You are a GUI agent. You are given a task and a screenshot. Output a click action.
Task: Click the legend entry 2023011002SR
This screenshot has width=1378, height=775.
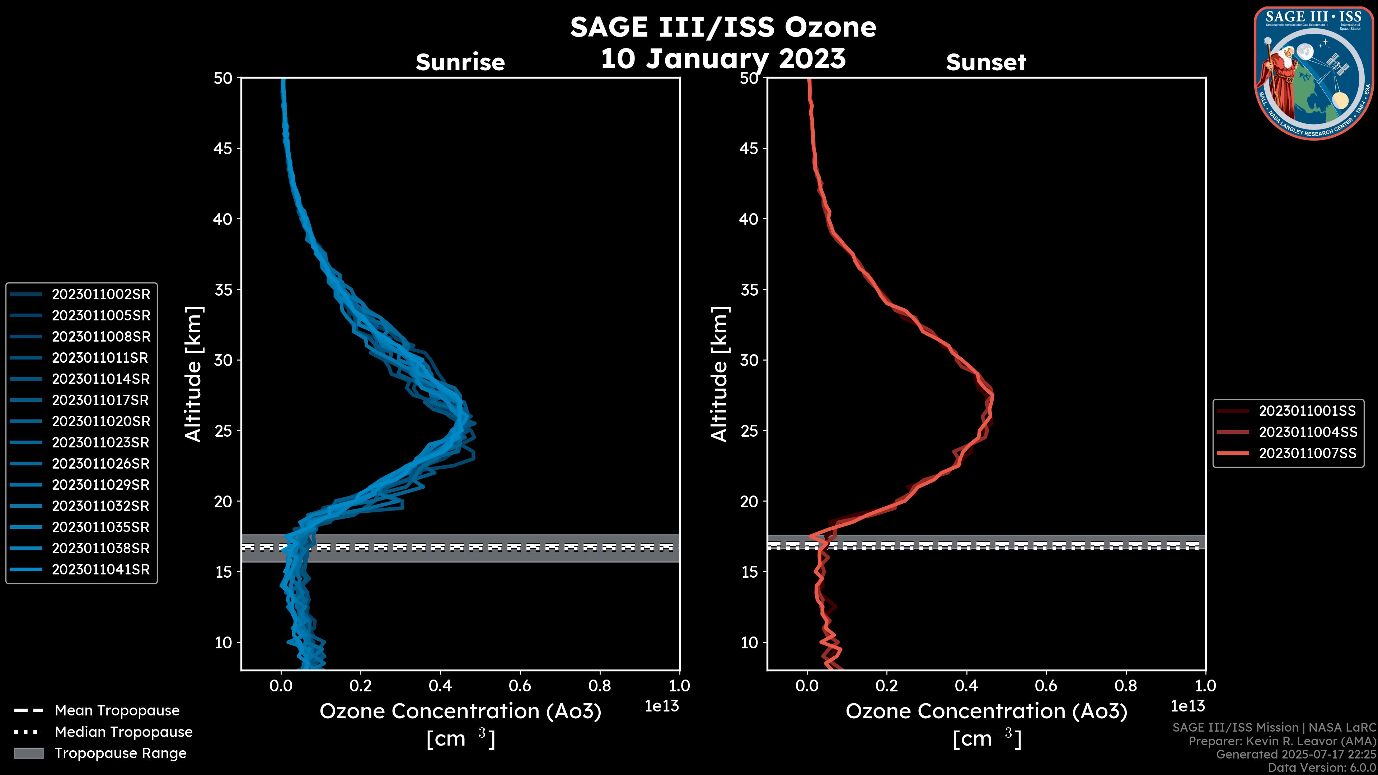[100, 294]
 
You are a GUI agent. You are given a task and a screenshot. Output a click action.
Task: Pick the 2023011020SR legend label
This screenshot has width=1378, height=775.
[100, 422]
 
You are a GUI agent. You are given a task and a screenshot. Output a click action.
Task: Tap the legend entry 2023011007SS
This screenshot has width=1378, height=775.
[1307, 454]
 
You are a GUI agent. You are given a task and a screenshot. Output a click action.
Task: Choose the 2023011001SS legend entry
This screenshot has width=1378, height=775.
[1307, 411]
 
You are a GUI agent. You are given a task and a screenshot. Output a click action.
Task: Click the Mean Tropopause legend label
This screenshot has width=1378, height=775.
[117, 710]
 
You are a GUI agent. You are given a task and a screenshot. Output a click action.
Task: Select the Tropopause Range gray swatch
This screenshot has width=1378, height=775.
[29, 753]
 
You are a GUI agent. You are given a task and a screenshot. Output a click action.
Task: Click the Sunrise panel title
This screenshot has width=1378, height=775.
[460, 62]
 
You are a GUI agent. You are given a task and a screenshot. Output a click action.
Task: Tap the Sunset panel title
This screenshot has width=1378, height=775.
[986, 62]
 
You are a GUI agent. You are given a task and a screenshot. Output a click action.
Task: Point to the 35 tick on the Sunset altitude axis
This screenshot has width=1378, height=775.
[749, 289]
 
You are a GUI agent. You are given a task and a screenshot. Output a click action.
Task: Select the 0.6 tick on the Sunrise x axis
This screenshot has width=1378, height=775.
[520, 686]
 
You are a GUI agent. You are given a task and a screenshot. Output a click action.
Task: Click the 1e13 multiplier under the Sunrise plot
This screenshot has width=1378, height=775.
[662, 706]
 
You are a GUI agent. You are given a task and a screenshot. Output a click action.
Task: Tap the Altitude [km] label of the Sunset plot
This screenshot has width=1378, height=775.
[720, 374]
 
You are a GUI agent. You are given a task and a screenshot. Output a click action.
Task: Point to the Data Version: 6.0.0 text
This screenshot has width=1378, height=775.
[1321, 767]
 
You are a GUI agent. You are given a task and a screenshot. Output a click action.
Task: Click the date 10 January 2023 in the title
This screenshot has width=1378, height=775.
[723, 59]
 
